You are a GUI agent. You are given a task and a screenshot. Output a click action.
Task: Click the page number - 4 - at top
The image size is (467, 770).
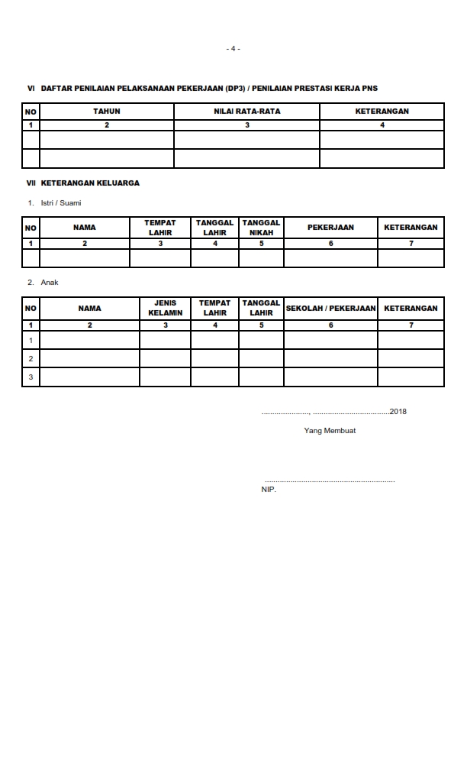[233, 49]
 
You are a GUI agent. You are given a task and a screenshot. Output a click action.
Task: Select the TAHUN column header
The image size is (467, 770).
[107, 112]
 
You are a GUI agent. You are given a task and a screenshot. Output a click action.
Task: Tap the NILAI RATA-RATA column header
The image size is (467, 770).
[246, 112]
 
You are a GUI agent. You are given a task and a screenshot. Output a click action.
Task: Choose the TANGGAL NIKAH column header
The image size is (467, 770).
[261, 228]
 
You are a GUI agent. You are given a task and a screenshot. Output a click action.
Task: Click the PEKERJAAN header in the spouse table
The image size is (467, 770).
[330, 228]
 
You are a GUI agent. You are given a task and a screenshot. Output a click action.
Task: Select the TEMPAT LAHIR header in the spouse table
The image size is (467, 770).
[160, 228]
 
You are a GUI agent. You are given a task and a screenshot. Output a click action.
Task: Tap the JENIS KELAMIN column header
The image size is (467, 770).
[166, 308]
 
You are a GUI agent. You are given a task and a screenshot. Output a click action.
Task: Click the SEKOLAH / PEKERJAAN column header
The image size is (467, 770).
[330, 308]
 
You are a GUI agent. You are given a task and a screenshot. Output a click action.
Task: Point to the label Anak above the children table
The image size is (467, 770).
[49, 283]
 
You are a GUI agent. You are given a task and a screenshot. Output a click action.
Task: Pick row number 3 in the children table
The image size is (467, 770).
[31, 377]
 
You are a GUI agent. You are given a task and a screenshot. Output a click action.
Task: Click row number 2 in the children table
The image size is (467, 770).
[31, 358]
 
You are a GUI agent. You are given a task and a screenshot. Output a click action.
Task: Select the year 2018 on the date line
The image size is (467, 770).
[398, 412]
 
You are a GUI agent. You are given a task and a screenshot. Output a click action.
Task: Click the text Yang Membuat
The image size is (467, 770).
[330, 431]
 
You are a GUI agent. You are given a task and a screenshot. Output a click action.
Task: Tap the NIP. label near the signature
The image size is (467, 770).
[269, 489]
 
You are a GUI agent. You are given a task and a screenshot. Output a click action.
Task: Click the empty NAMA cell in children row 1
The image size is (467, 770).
[89, 340]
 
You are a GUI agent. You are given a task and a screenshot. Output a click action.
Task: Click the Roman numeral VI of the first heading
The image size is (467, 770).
[31, 89]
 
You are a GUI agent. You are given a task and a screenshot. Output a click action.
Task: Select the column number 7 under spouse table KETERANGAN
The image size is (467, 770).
[411, 244]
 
